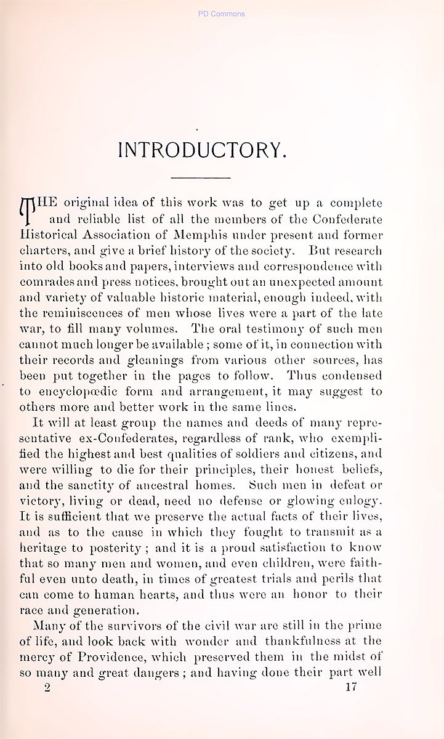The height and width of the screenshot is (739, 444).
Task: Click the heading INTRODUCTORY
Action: click(x=202, y=150)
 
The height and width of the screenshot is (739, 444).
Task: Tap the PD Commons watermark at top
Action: click(x=222, y=14)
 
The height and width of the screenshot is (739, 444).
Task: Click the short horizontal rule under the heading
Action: click(x=200, y=178)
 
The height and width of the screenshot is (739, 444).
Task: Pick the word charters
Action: click(x=41, y=251)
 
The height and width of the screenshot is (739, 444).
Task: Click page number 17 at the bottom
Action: click(x=352, y=688)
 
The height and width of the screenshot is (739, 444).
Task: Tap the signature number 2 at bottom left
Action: click(x=47, y=689)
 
